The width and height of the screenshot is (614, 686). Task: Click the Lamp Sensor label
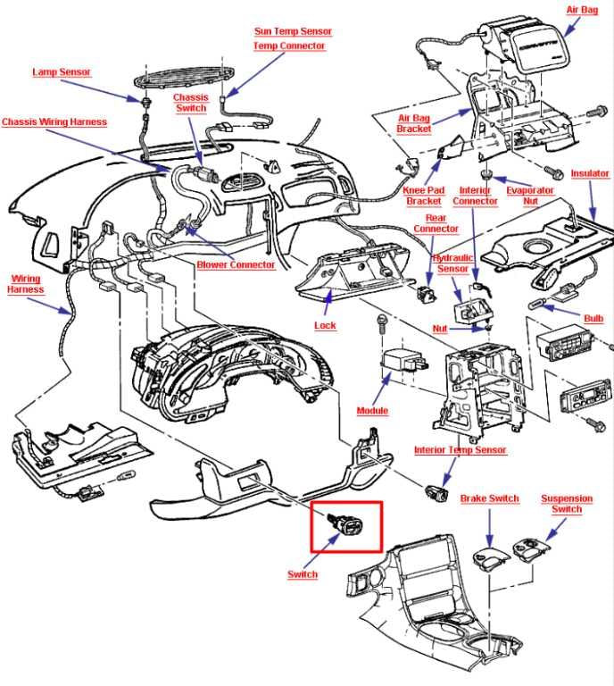click(x=62, y=72)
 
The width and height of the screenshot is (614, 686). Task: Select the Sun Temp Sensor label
click(x=293, y=31)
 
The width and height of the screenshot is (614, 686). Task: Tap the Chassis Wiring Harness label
click(x=54, y=122)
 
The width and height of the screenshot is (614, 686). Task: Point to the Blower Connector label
click(x=236, y=264)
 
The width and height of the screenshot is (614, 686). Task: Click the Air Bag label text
click(x=582, y=10)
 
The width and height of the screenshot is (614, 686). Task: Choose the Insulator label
click(x=590, y=173)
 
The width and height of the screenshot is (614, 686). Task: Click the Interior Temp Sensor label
click(x=460, y=450)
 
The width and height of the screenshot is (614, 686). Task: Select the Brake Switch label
click(x=489, y=498)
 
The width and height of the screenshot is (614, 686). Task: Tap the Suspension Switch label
click(x=567, y=504)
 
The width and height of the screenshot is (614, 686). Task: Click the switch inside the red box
click(x=347, y=523)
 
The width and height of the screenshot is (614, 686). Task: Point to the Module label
click(x=372, y=411)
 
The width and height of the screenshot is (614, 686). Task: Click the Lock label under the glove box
click(x=325, y=325)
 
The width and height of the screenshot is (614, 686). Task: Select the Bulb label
click(x=593, y=319)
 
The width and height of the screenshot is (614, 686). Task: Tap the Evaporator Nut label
click(x=530, y=196)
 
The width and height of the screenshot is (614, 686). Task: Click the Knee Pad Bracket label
click(x=423, y=196)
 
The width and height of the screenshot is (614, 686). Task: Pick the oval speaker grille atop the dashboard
click(x=185, y=78)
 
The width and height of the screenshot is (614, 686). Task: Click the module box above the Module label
click(x=403, y=362)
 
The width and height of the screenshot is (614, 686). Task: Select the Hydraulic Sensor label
click(x=452, y=264)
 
